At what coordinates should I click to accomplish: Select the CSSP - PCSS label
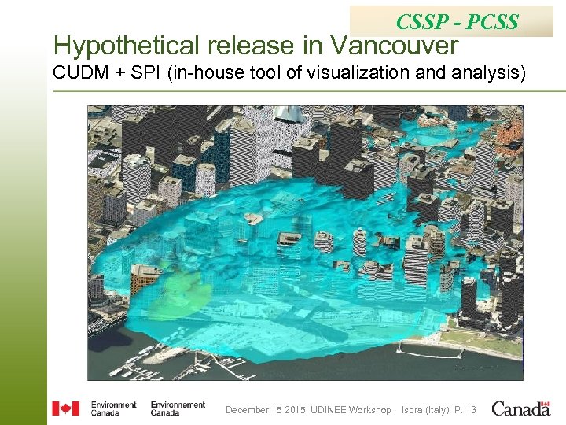[457, 21]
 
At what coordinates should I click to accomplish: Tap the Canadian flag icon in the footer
[65, 408]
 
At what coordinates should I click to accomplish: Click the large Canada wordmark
[521, 408]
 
